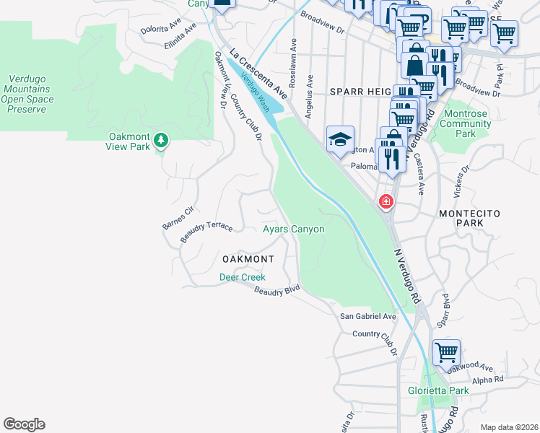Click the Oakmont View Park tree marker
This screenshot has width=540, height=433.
coord(162,139)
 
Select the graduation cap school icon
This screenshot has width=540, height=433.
coord(340,140)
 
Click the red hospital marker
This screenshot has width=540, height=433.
coord(386,201)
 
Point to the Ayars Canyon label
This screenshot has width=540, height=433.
coord(293,229)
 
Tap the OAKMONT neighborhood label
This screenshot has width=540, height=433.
coord(248,258)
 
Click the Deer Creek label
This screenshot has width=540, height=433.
coord(243,277)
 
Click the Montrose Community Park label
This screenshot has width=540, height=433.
coord(465,128)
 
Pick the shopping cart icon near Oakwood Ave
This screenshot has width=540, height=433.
coord(447,354)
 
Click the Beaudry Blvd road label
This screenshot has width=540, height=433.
coord(277,290)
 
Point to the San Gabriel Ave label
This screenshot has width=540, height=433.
coord(368,316)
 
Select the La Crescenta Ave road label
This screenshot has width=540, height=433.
coord(258,74)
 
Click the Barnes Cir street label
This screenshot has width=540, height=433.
coord(178,217)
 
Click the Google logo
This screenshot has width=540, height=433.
coord(24,424)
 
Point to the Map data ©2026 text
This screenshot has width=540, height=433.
coord(508,427)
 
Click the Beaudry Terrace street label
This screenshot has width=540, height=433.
coord(206,231)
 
